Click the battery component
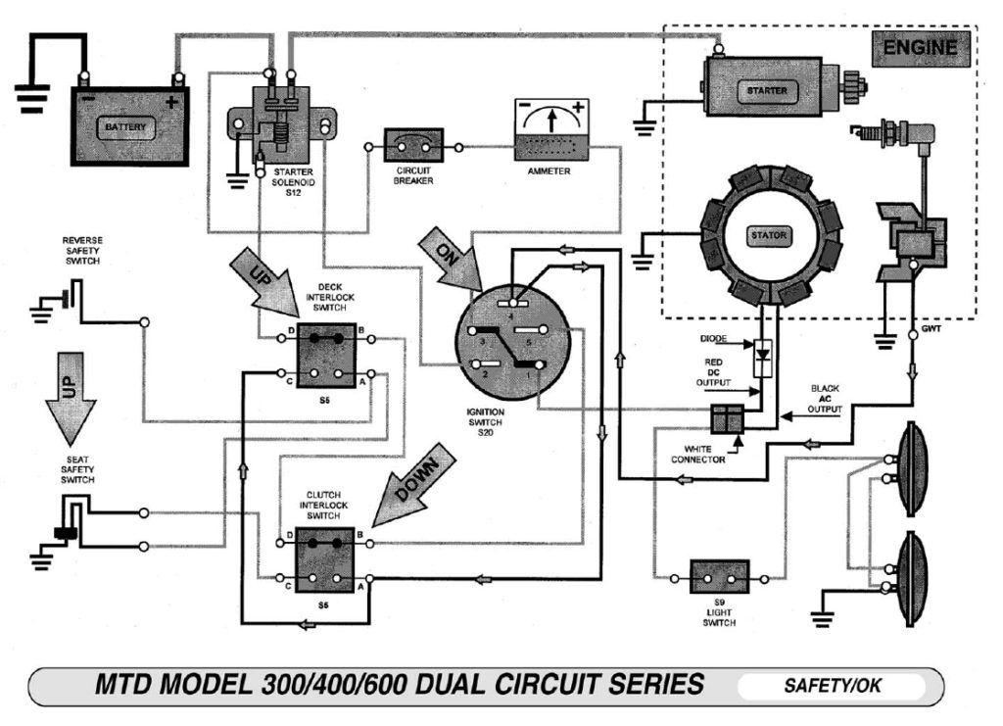(129, 125)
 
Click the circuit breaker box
(412, 147)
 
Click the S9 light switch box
(720, 577)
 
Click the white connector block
(729, 418)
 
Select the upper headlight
(913, 468)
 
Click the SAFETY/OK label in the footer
(832, 686)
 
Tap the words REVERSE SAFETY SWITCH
(82, 251)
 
